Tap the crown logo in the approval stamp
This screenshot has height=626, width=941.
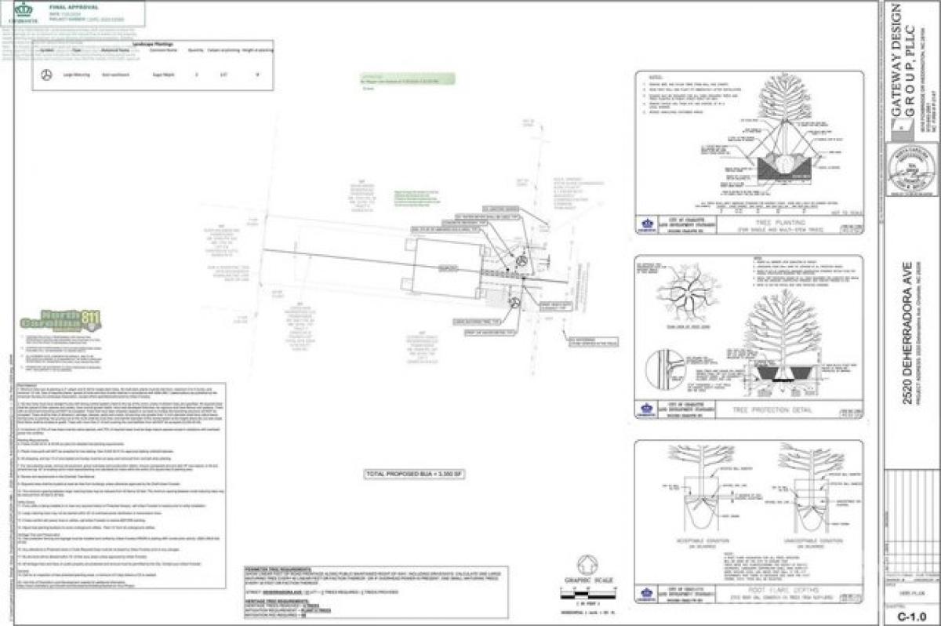24,9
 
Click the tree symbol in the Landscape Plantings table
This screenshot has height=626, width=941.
46,75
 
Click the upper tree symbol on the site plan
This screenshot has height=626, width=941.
521,260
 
